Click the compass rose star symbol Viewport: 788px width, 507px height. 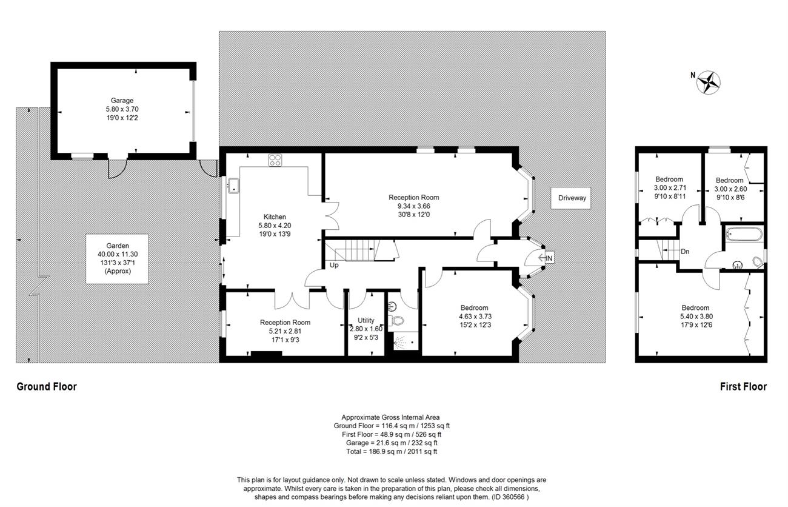tap(709, 82)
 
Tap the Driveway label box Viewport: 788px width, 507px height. tap(570, 198)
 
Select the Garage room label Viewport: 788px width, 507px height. tap(122, 100)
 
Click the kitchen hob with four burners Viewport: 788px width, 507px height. tap(275, 160)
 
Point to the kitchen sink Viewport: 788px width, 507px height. tap(233, 186)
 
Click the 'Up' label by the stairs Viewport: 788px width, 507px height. tap(334, 265)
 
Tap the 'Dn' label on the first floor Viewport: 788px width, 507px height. tap(685, 252)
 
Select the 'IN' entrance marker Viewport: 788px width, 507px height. tap(549, 258)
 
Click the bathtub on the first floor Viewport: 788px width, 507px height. tap(744, 234)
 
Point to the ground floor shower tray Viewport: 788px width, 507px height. tap(406, 341)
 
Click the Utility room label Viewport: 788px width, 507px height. tap(366, 320)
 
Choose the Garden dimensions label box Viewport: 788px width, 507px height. tap(117, 259)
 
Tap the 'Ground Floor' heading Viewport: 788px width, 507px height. tap(47, 386)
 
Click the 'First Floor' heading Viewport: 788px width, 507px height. tap(743, 386)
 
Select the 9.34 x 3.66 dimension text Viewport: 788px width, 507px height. tap(413, 206)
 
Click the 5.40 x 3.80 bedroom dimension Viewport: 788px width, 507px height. tap(696, 316)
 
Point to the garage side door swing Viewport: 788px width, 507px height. tap(117, 169)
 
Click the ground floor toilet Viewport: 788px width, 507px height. tap(396, 321)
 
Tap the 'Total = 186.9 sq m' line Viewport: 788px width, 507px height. tap(392, 451)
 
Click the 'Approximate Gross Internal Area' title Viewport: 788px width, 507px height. tap(390, 417)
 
